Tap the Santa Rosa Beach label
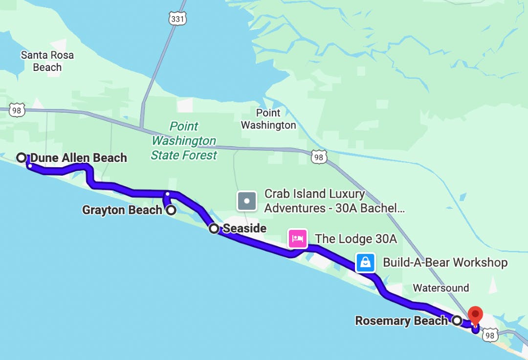[x=47, y=61]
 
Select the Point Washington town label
[x=268, y=119]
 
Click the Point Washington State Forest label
[x=184, y=141]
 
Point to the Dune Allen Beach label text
[x=79, y=158]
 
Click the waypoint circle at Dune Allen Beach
[x=22, y=157]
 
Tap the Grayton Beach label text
[x=122, y=210]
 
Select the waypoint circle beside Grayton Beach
[x=172, y=210]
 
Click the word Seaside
[x=244, y=228]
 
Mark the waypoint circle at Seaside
[x=214, y=228]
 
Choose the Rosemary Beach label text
[x=401, y=321]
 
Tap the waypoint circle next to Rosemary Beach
[x=457, y=321]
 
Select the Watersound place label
[x=441, y=288]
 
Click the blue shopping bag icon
[x=365, y=263]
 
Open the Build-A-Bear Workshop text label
[x=445, y=263]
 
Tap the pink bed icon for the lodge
[x=297, y=239]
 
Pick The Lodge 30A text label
[x=355, y=239]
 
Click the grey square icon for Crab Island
[x=247, y=201]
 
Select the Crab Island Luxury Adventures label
[x=335, y=201]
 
